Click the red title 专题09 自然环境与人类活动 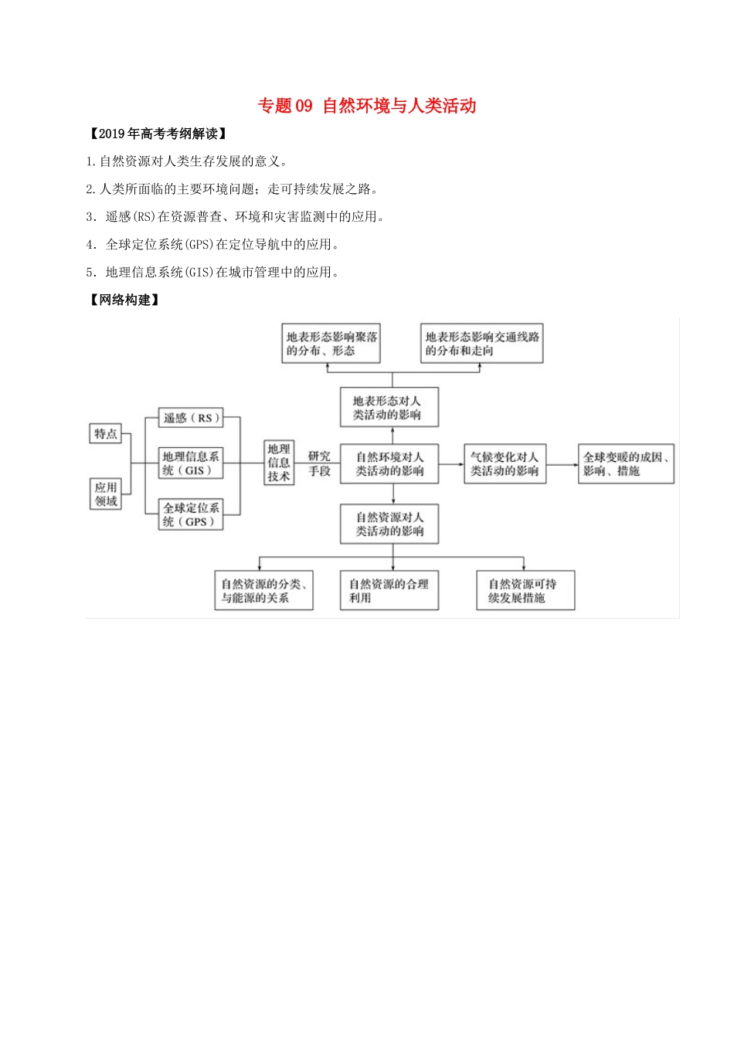click(366, 106)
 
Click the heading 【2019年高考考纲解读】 click(158, 134)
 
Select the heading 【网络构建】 click(124, 300)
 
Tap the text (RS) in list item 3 click(143, 217)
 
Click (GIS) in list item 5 click(199, 273)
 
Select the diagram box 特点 click(106, 433)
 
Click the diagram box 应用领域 click(106, 494)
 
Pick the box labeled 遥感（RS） click(191, 418)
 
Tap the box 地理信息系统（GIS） click(191, 463)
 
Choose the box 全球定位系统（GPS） click(191, 514)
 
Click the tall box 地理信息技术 click(279, 463)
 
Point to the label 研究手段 click(319, 463)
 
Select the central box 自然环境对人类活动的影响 click(389, 463)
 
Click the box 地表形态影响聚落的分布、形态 click(331, 344)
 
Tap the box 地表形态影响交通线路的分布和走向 click(481, 344)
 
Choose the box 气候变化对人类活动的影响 click(505, 463)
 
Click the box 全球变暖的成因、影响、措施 click(626, 463)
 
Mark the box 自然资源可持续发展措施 click(525, 591)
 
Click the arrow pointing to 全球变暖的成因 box click(562, 464)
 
